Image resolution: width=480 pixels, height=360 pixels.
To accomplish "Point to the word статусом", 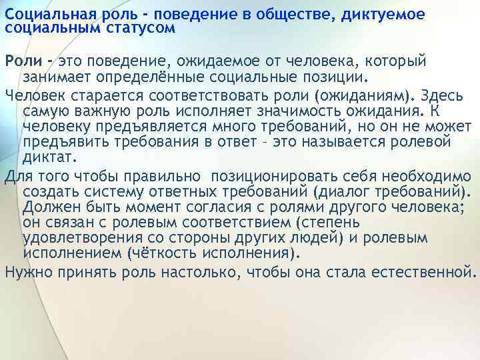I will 138,27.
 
